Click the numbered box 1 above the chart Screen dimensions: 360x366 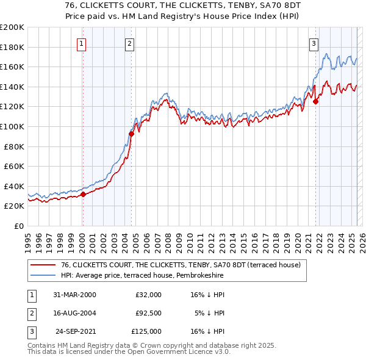[x=82, y=43]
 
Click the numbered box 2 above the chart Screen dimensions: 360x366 [x=131, y=43]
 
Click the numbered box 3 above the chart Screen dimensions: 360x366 [x=314, y=43]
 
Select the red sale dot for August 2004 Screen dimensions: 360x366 [x=131, y=134]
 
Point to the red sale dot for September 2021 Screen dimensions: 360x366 [x=316, y=102]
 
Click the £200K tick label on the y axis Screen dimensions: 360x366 [x=12, y=27]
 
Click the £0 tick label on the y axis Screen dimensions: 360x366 [x=19, y=226]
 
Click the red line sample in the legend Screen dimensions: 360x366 [x=43, y=265]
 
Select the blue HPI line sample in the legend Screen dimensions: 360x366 [x=43, y=276]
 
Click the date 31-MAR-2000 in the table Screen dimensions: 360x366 [x=74, y=295]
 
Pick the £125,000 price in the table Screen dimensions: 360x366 [x=146, y=331]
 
